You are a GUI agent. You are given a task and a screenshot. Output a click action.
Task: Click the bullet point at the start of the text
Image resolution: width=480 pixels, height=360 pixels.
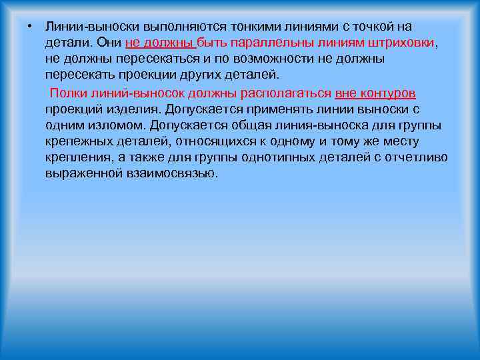pos(23,26)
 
